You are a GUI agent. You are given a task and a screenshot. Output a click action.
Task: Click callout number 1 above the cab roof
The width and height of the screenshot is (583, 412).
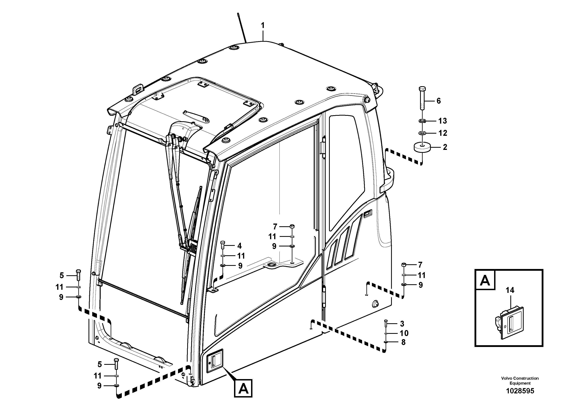263,26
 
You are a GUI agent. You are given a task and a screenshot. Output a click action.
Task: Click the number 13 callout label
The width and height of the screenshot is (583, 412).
442,121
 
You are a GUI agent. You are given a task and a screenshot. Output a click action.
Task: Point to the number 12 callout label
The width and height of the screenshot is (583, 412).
442,133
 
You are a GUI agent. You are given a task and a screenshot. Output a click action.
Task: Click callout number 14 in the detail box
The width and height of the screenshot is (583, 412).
510,290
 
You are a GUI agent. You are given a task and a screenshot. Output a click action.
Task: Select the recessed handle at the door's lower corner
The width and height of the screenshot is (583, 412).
214,361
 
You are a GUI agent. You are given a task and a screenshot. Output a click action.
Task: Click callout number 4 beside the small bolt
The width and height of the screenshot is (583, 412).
239,246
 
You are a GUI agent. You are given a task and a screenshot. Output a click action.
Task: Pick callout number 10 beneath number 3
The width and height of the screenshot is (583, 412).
404,333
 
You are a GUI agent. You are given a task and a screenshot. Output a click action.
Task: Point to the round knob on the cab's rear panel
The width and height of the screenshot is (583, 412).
375,304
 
